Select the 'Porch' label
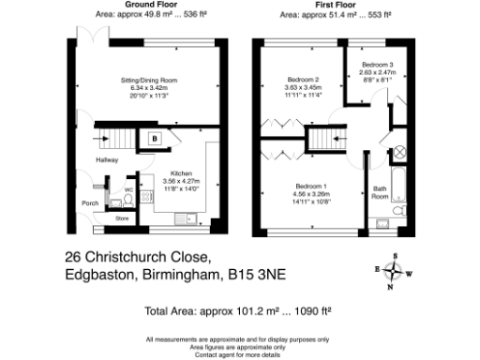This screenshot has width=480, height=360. [x=91, y=202]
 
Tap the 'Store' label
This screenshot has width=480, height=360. [x=122, y=218]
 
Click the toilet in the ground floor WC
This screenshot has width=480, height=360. [x=115, y=201]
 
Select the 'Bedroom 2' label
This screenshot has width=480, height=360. [x=304, y=79]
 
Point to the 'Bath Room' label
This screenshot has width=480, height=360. [x=380, y=193]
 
